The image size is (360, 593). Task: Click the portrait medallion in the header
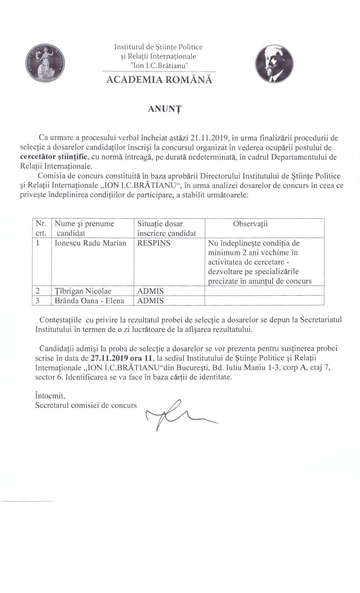(274, 64)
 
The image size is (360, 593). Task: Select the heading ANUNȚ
(164, 109)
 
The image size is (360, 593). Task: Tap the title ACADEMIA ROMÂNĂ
(159, 80)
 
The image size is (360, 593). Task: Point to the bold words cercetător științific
(54, 157)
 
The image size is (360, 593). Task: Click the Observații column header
(250, 224)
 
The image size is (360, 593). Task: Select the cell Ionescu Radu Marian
(91, 243)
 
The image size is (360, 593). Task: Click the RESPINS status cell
(154, 243)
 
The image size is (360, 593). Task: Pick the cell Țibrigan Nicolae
(83, 291)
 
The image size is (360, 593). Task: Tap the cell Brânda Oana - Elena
(89, 301)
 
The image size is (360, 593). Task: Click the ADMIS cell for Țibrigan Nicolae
(150, 291)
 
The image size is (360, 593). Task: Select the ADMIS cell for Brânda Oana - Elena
(150, 301)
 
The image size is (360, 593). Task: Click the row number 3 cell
(38, 301)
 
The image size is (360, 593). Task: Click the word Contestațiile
(60, 320)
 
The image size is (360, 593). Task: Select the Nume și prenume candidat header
(84, 228)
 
